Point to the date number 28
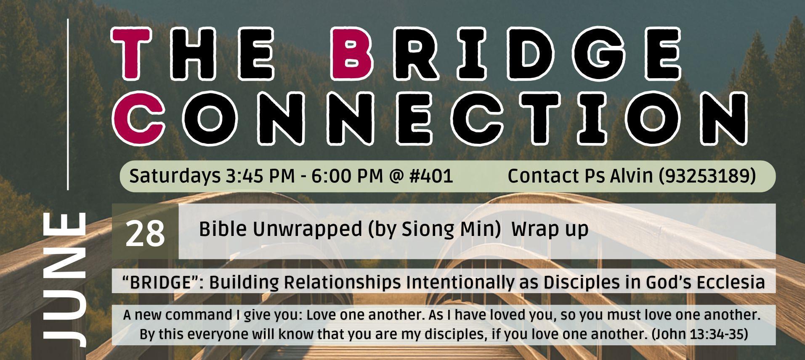coord(145,234)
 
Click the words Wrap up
coord(550,230)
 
